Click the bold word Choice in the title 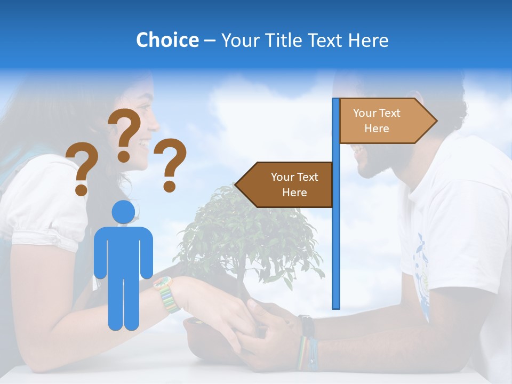tap(167, 40)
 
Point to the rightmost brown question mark tap(170, 165)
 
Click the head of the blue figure tap(123, 212)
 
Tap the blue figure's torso tap(123, 251)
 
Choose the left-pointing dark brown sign tap(285, 185)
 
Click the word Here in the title tap(368, 40)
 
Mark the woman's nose tap(155, 127)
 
